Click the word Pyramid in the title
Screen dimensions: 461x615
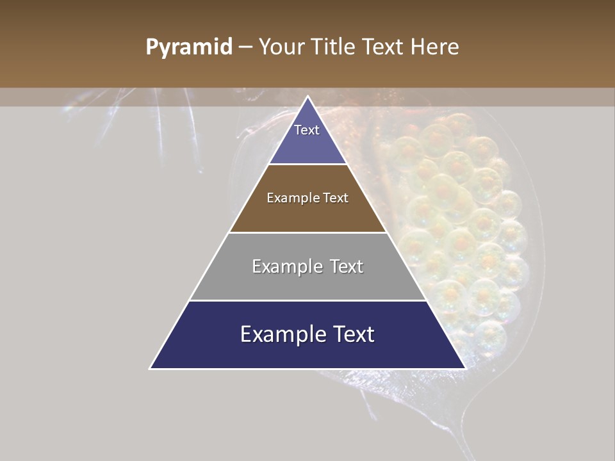(188, 47)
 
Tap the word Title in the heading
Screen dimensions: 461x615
(334, 47)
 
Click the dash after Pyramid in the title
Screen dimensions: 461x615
(245, 47)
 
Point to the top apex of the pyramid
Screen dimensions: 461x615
(308, 97)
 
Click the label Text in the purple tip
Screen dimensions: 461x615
(307, 130)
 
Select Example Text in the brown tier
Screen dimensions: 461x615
(307, 198)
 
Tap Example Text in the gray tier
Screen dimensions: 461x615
(307, 266)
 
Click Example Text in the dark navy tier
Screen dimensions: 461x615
(307, 334)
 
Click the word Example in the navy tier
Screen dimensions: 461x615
(280, 335)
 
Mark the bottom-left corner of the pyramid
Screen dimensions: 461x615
(151, 368)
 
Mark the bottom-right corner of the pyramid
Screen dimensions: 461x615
(465, 368)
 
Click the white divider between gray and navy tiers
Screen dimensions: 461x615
(307, 300)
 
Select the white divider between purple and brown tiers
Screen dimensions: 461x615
(307, 165)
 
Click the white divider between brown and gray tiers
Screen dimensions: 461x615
(307, 232)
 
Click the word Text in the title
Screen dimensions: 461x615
(383, 47)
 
